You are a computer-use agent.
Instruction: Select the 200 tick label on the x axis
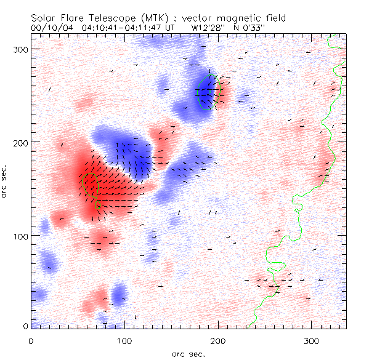[217, 340]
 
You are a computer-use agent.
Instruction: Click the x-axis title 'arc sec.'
[188, 354]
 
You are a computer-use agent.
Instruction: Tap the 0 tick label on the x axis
[31, 340]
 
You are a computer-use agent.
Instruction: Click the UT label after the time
[169, 28]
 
